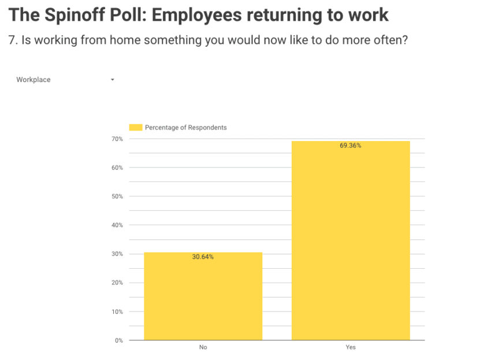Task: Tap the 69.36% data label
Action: pos(351,146)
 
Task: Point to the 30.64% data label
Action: pos(203,257)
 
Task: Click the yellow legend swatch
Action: pos(135,127)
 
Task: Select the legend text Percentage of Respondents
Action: pos(185,127)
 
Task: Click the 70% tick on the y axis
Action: pos(117,139)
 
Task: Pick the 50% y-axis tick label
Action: pos(117,196)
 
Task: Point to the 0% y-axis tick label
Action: pos(118,340)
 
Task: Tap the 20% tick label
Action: pos(117,283)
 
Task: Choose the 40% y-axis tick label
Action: pos(117,225)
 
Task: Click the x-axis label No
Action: pos(203,347)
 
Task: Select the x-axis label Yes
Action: pos(351,347)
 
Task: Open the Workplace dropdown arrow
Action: pos(112,80)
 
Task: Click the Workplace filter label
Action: pos(34,80)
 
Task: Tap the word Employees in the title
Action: pos(217,15)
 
